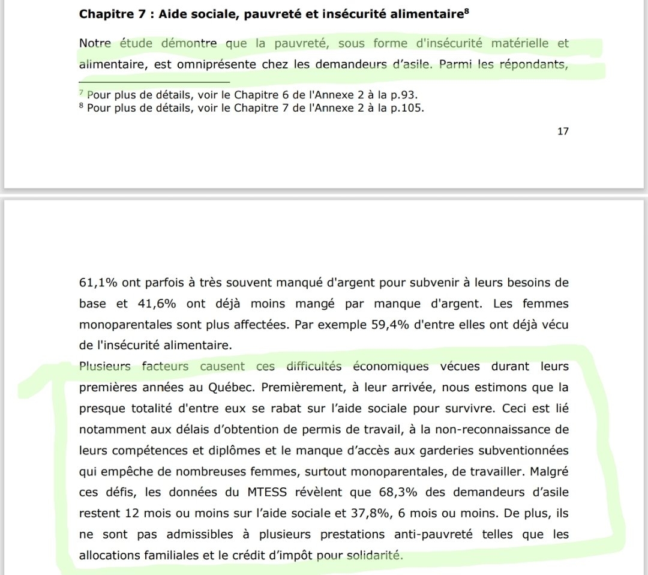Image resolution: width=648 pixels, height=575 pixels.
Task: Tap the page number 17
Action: pos(563,131)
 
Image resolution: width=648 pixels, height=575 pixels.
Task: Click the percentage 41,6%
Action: pos(155,304)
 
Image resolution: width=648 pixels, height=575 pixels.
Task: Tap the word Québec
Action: pos(241,387)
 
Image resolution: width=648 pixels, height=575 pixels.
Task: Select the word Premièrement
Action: pos(305,387)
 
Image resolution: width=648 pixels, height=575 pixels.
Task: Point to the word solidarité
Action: pos(374,555)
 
